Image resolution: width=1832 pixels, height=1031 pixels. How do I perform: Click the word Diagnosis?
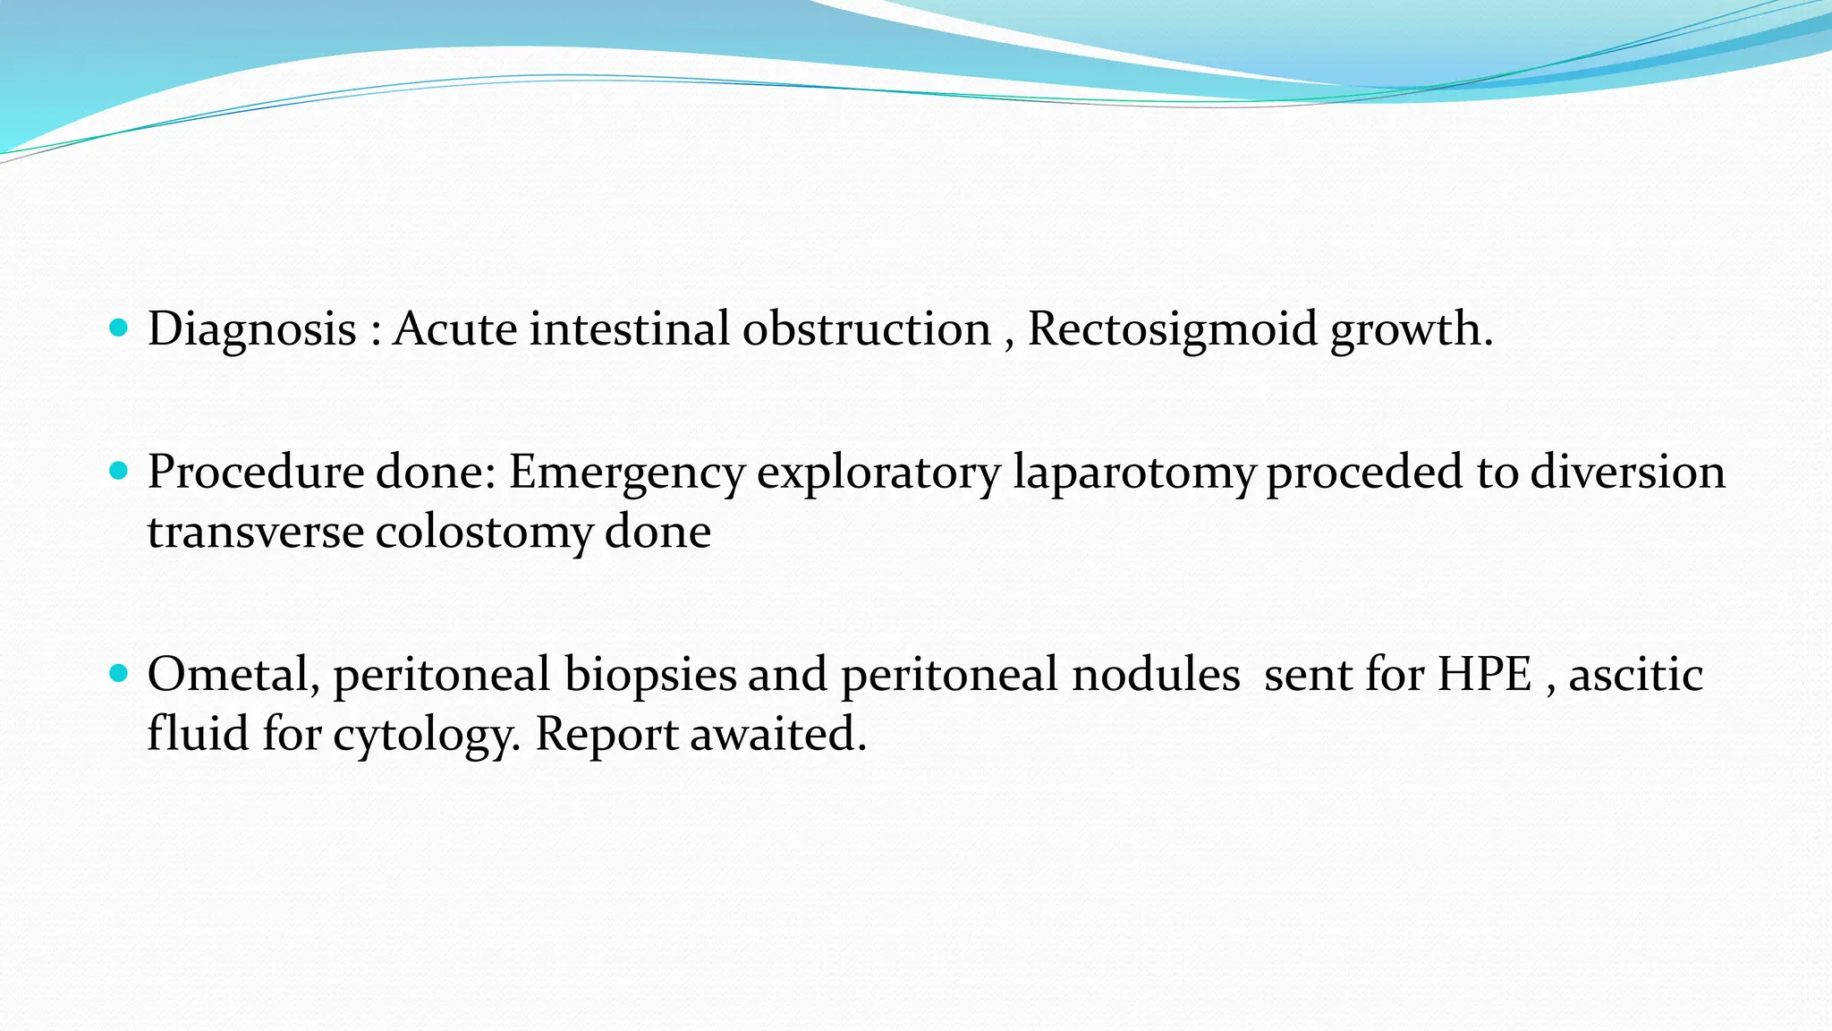tap(252, 329)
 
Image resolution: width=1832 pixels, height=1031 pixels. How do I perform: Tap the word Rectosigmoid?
tap(1172, 329)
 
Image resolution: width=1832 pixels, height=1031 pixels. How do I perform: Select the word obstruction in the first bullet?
tap(866, 329)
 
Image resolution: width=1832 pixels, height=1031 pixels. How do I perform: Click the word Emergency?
tap(626, 473)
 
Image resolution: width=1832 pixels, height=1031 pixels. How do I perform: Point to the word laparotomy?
tap(1133, 473)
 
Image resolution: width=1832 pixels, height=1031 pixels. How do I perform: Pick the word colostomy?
tap(483, 532)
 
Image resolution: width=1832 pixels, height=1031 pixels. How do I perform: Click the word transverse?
tap(255, 532)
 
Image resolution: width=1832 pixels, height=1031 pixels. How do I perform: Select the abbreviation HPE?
tap(1484, 674)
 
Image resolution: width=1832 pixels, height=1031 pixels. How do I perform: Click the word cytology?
tap(426, 735)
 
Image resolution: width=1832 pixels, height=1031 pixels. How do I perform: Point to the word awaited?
tap(778, 735)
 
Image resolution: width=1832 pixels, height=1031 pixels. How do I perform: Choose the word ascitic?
tap(1635, 674)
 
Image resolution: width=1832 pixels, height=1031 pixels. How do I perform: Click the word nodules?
tap(1156, 674)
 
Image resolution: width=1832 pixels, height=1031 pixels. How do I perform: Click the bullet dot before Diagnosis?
tap(118, 328)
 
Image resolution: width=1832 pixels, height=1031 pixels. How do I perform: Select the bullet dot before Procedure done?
tap(118, 471)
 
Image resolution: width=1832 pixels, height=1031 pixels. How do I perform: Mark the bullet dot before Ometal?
tap(118, 673)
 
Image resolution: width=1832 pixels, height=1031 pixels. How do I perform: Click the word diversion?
tap(1627, 473)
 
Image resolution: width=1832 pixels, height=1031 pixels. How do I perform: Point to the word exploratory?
tap(878, 473)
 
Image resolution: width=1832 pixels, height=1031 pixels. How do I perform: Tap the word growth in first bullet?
tap(1411, 329)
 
